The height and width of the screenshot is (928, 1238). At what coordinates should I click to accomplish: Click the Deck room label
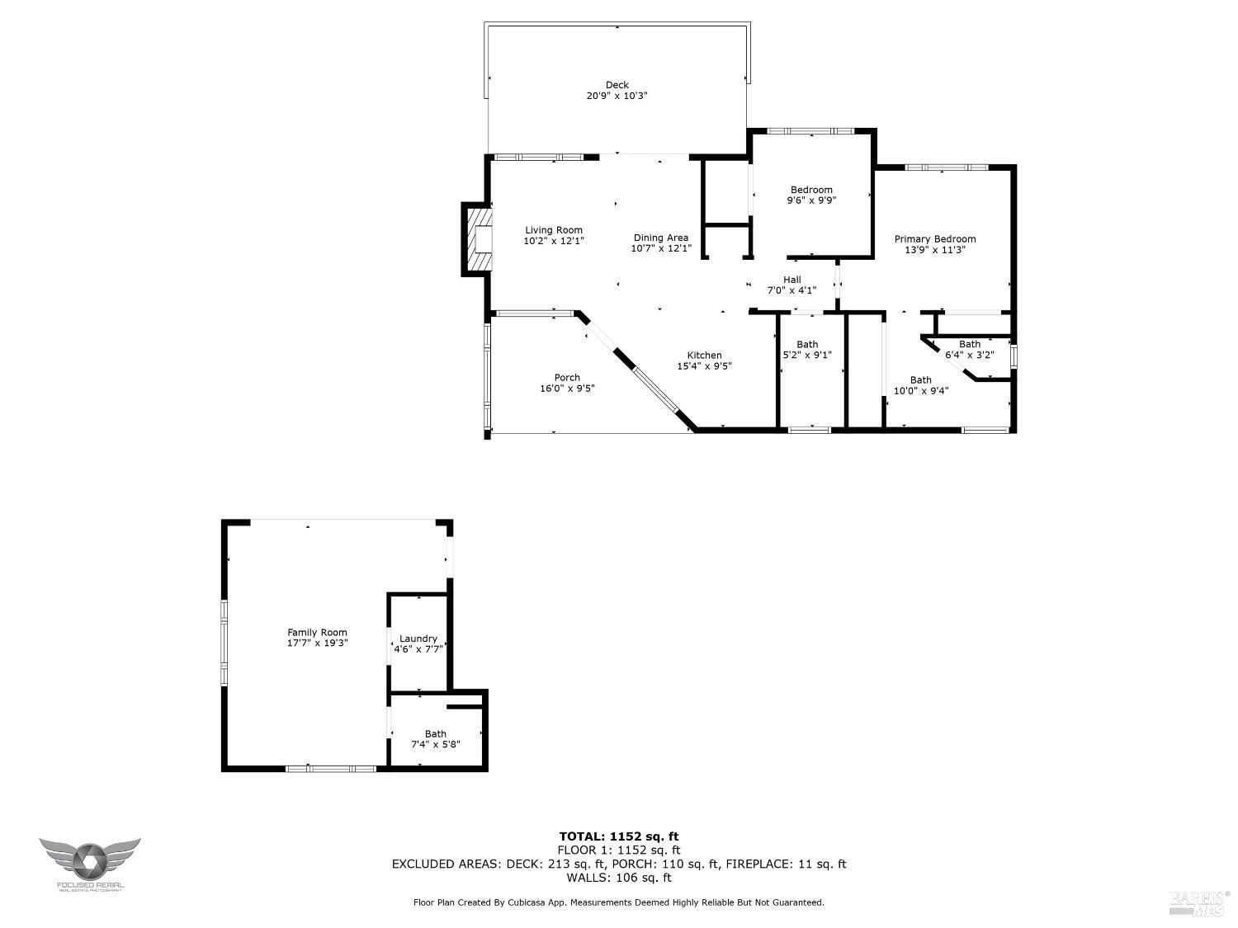click(617, 85)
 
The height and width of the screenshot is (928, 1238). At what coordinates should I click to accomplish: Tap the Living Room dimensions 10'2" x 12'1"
click(554, 242)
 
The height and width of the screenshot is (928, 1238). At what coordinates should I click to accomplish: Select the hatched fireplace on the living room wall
click(479, 240)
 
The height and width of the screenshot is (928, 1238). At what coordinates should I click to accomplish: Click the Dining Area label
click(660, 238)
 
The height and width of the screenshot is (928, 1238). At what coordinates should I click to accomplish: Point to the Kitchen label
click(704, 356)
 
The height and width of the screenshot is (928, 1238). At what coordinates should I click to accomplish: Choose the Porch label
click(567, 378)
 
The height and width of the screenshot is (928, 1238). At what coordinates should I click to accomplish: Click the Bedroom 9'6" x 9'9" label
click(811, 190)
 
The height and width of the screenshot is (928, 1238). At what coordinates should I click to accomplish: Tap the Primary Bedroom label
click(934, 239)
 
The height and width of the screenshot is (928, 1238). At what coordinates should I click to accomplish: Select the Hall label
click(791, 280)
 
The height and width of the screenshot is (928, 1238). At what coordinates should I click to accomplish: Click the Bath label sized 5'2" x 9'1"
click(807, 345)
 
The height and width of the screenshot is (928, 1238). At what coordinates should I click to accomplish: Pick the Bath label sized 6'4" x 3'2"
click(969, 345)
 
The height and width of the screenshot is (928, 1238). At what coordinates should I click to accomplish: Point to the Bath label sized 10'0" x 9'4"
click(920, 380)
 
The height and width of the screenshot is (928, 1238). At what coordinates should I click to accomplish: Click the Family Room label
click(317, 633)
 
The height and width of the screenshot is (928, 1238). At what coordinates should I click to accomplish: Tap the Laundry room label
click(418, 638)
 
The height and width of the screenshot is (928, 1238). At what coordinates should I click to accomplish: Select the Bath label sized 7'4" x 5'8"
click(435, 733)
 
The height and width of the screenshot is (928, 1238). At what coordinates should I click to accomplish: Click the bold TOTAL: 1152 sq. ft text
click(618, 836)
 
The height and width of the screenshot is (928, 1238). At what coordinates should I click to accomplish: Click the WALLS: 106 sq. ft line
click(618, 878)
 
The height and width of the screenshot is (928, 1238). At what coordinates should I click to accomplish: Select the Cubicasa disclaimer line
click(618, 902)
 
